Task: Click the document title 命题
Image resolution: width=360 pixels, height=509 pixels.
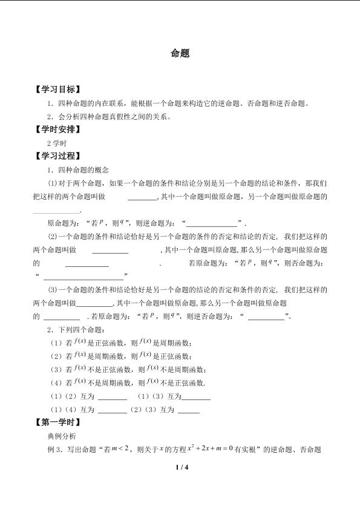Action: click(x=180, y=53)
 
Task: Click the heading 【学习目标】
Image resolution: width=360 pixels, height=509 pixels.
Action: click(x=57, y=88)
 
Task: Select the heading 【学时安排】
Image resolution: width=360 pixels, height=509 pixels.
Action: click(x=57, y=129)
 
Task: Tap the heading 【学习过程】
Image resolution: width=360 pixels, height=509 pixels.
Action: click(x=57, y=156)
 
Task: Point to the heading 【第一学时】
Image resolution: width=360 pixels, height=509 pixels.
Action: click(x=57, y=422)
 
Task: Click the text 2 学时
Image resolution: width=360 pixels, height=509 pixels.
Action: click(x=56, y=143)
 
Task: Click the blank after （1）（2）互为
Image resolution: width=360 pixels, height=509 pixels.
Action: click(x=112, y=397)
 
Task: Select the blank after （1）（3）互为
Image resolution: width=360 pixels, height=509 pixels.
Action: click(x=196, y=397)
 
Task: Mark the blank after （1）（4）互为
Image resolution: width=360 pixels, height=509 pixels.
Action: click(x=112, y=410)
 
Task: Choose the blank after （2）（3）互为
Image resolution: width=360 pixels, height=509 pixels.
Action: click(x=189, y=410)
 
